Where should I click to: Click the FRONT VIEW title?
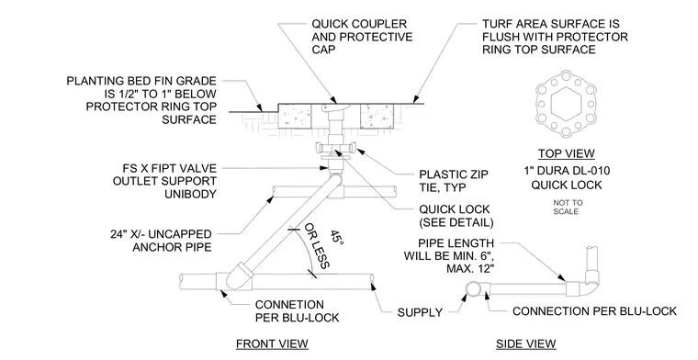(x=272, y=344)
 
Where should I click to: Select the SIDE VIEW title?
(x=525, y=344)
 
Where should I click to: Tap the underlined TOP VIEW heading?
(x=567, y=154)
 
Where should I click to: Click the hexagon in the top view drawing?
(x=567, y=104)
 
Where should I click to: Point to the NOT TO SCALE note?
(x=568, y=207)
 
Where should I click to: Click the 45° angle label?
(x=336, y=238)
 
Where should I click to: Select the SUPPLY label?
(x=420, y=312)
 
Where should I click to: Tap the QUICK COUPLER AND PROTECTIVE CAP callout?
(x=362, y=36)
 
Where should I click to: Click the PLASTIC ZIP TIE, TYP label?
(x=453, y=181)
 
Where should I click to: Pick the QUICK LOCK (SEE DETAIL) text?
(x=456, y=216)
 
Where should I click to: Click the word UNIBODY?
(x=190, y=194)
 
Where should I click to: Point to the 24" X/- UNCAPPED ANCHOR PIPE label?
(x=161, y=241)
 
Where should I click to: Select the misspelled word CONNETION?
(x=289, y=305)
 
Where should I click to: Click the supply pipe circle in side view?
(x=472, y=288)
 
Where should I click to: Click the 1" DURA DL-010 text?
(x=567, y=171)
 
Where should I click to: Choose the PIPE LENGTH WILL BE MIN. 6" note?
(x=449, y=256)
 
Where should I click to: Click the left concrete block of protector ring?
(x=294, y=117)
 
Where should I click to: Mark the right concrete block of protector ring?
(x=377, y=117)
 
